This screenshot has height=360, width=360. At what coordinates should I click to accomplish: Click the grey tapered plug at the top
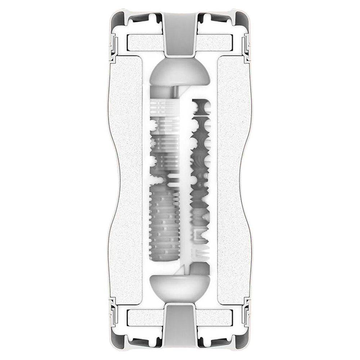pos(180,34)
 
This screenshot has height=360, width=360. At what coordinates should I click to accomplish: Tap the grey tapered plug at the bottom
pos(180,326)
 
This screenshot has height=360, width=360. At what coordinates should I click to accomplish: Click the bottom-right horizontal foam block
pos(216,317)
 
